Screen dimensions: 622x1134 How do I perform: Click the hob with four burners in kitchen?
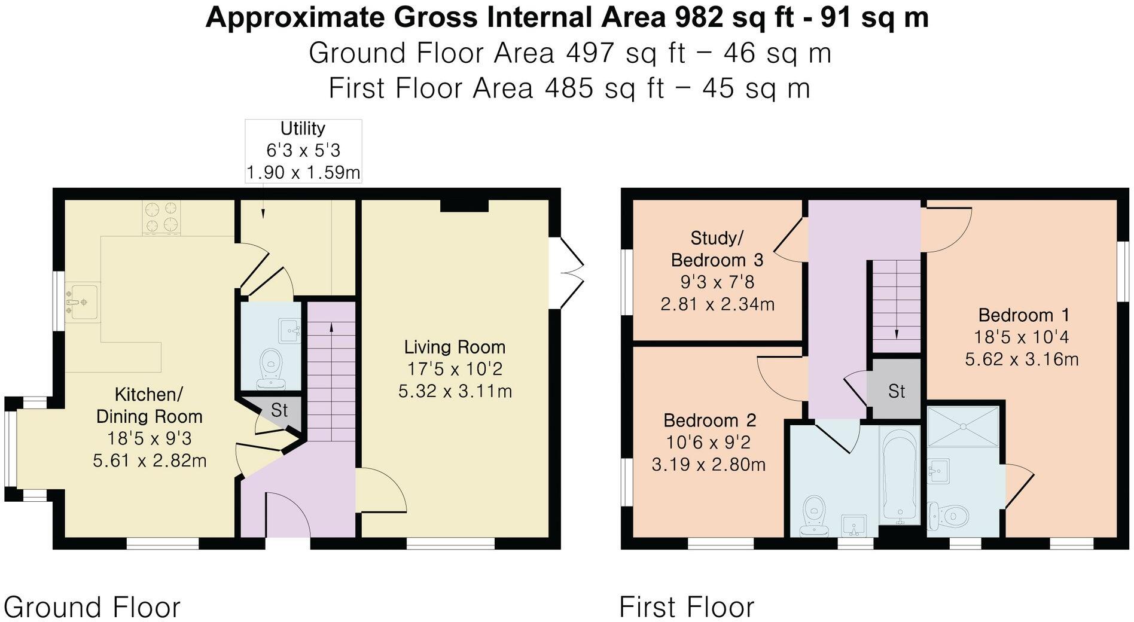[161, 217]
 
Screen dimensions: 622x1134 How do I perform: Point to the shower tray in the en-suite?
[963, 426]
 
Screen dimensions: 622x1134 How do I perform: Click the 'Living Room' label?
[455, 347]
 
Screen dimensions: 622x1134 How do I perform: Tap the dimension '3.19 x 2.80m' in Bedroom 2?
[708, 465]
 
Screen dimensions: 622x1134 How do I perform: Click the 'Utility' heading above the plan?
[303, 129]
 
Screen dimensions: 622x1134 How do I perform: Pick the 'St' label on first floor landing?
[896, 391]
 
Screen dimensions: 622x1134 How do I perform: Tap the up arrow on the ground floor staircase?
[331, 326]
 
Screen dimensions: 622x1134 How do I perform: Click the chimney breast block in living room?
[464, 205]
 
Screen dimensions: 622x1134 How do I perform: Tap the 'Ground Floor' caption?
[92, 607]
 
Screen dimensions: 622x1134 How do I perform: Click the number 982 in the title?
[698, 18]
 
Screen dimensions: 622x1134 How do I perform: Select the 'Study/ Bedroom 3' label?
[717, 249]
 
